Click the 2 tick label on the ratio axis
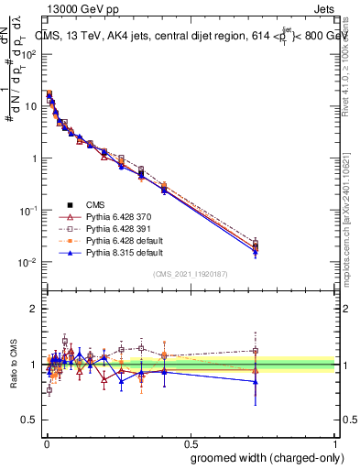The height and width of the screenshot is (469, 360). (33, 309)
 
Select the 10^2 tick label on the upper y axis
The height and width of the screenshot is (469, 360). (28, 54)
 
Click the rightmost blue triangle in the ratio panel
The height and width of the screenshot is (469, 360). (256, 381)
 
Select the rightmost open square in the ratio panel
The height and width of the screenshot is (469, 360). (256, 350)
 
